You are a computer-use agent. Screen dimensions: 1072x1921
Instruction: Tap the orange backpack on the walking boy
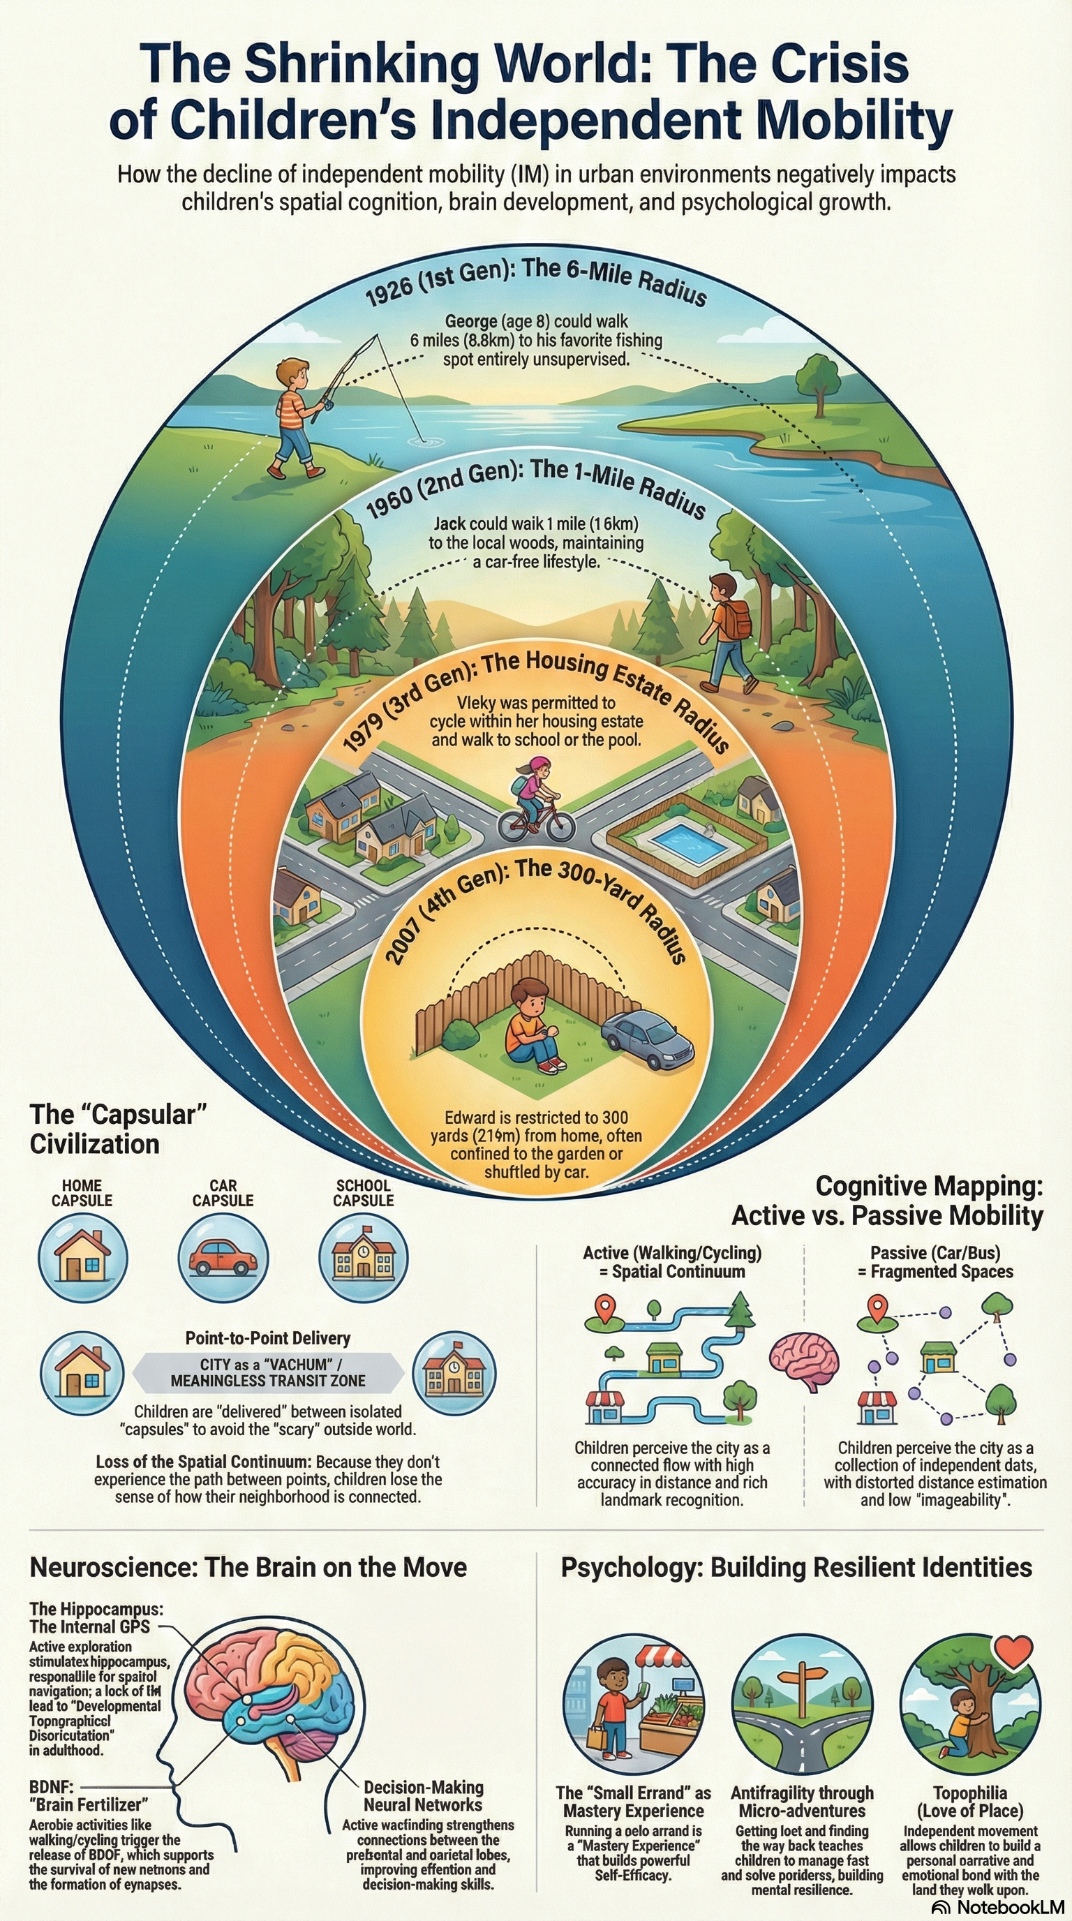point(737,619)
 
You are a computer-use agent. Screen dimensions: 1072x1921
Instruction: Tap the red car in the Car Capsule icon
point(223,1257)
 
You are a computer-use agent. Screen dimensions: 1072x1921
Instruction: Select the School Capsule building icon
point(363,1257)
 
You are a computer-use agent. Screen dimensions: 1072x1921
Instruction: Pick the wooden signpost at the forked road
point(802,1684)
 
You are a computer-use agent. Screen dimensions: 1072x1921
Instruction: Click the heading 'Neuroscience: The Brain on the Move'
point(248,1567)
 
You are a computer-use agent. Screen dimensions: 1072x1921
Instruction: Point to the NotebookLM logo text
point(1007,1907)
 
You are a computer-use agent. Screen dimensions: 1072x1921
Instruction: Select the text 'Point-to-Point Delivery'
point(267,1338)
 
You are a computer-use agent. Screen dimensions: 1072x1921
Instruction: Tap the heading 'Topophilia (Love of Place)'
point(970,1802)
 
